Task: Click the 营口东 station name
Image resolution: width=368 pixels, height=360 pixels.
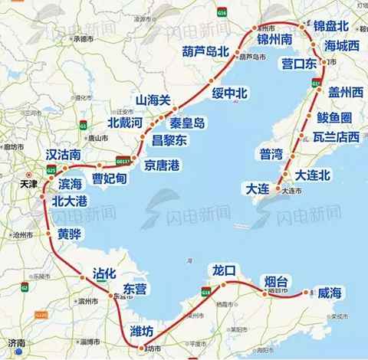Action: click(x=301, y=64)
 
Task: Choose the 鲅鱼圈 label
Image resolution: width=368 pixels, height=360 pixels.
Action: click(x=335, y=117)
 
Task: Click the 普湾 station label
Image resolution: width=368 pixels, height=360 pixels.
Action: click(x=273, y=154)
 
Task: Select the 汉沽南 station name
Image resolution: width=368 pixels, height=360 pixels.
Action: click(x=64, y=155)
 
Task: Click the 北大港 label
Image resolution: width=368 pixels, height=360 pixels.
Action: click(x=75, y=202)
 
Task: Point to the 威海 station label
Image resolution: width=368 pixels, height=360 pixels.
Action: click(x=333, y=292)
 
